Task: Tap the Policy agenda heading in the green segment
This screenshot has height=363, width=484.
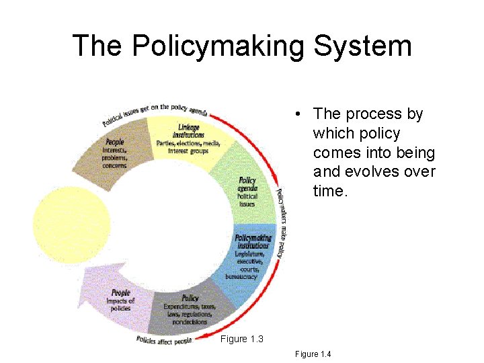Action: (247, 184)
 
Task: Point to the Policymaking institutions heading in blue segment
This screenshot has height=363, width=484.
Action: (253, 241)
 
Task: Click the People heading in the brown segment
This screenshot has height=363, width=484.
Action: (115, 142)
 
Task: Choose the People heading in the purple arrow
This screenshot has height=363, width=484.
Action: (121, 292)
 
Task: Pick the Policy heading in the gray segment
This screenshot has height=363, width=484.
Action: (190, 298)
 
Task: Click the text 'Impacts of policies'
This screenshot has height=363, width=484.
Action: (121, 305)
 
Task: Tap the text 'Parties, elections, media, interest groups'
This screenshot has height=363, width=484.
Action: (188, 147)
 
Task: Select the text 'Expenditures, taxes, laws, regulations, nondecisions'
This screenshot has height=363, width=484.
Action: (190, 314)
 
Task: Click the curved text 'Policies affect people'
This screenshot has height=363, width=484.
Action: (165, 340)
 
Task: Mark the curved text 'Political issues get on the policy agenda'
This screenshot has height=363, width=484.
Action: (154, 115)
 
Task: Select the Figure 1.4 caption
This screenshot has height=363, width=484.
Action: (313, 354)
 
